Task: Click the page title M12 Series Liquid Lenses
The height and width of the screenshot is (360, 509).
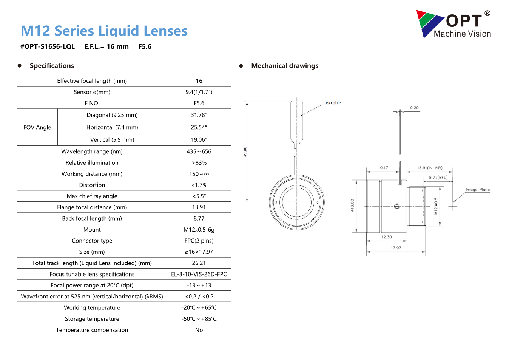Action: point(104,31)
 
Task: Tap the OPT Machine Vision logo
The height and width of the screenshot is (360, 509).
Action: point(453,24)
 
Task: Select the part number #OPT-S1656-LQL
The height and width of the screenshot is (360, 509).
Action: point(48,46)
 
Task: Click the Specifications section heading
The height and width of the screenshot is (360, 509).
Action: point(52,66)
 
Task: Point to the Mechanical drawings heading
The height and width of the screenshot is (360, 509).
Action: point(285,66)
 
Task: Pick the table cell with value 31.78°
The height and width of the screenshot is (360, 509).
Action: point(199,115)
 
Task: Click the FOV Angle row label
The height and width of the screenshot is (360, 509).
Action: point(37,127)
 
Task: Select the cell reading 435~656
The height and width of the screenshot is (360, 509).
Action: point(199,151)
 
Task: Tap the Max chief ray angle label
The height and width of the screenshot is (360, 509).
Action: point(92,196)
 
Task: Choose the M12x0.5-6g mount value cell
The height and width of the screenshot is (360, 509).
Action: point(199,230)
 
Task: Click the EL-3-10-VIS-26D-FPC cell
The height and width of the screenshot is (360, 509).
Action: point(199,274)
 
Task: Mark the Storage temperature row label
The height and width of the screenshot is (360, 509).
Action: point(92,319)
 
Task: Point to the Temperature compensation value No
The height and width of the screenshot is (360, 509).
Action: point(199,330)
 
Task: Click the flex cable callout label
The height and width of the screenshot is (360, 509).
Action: point(332,102)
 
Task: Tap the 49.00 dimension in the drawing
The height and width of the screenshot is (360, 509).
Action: point(245,151)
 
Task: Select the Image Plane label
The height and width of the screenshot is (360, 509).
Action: point(478,190)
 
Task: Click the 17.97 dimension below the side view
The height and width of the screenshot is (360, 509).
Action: point(396,248)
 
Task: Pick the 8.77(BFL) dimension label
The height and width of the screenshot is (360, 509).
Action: point(438,177)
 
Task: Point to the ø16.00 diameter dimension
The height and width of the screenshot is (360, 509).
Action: point(352,205)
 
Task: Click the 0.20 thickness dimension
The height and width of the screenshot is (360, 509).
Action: point(414,108)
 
